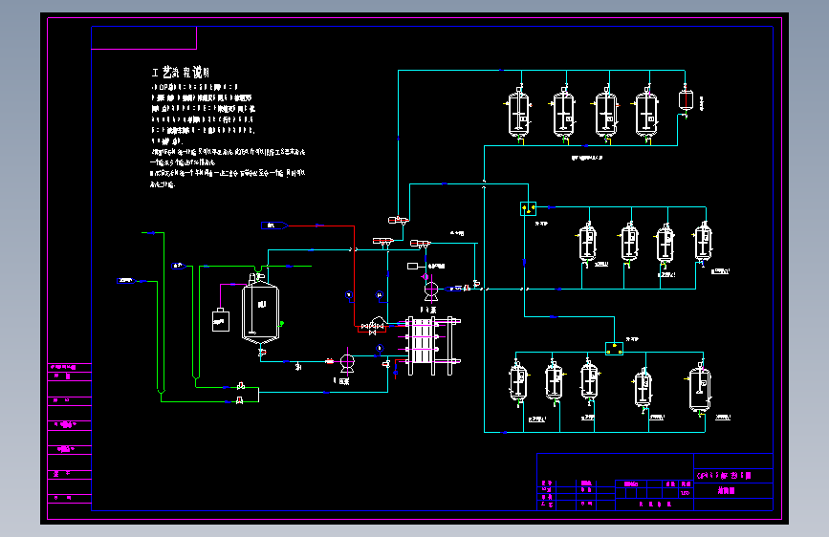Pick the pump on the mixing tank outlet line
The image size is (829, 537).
[347, 361]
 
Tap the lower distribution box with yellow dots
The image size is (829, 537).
[614, 349]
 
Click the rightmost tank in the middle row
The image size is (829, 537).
[704, 242]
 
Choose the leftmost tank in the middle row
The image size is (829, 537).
[587, 243]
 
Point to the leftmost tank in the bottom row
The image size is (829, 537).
[519, 382]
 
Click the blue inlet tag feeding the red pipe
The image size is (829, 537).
[274, 225]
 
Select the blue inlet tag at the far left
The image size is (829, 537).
[125, 280]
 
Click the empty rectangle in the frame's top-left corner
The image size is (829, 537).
[143, 37]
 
